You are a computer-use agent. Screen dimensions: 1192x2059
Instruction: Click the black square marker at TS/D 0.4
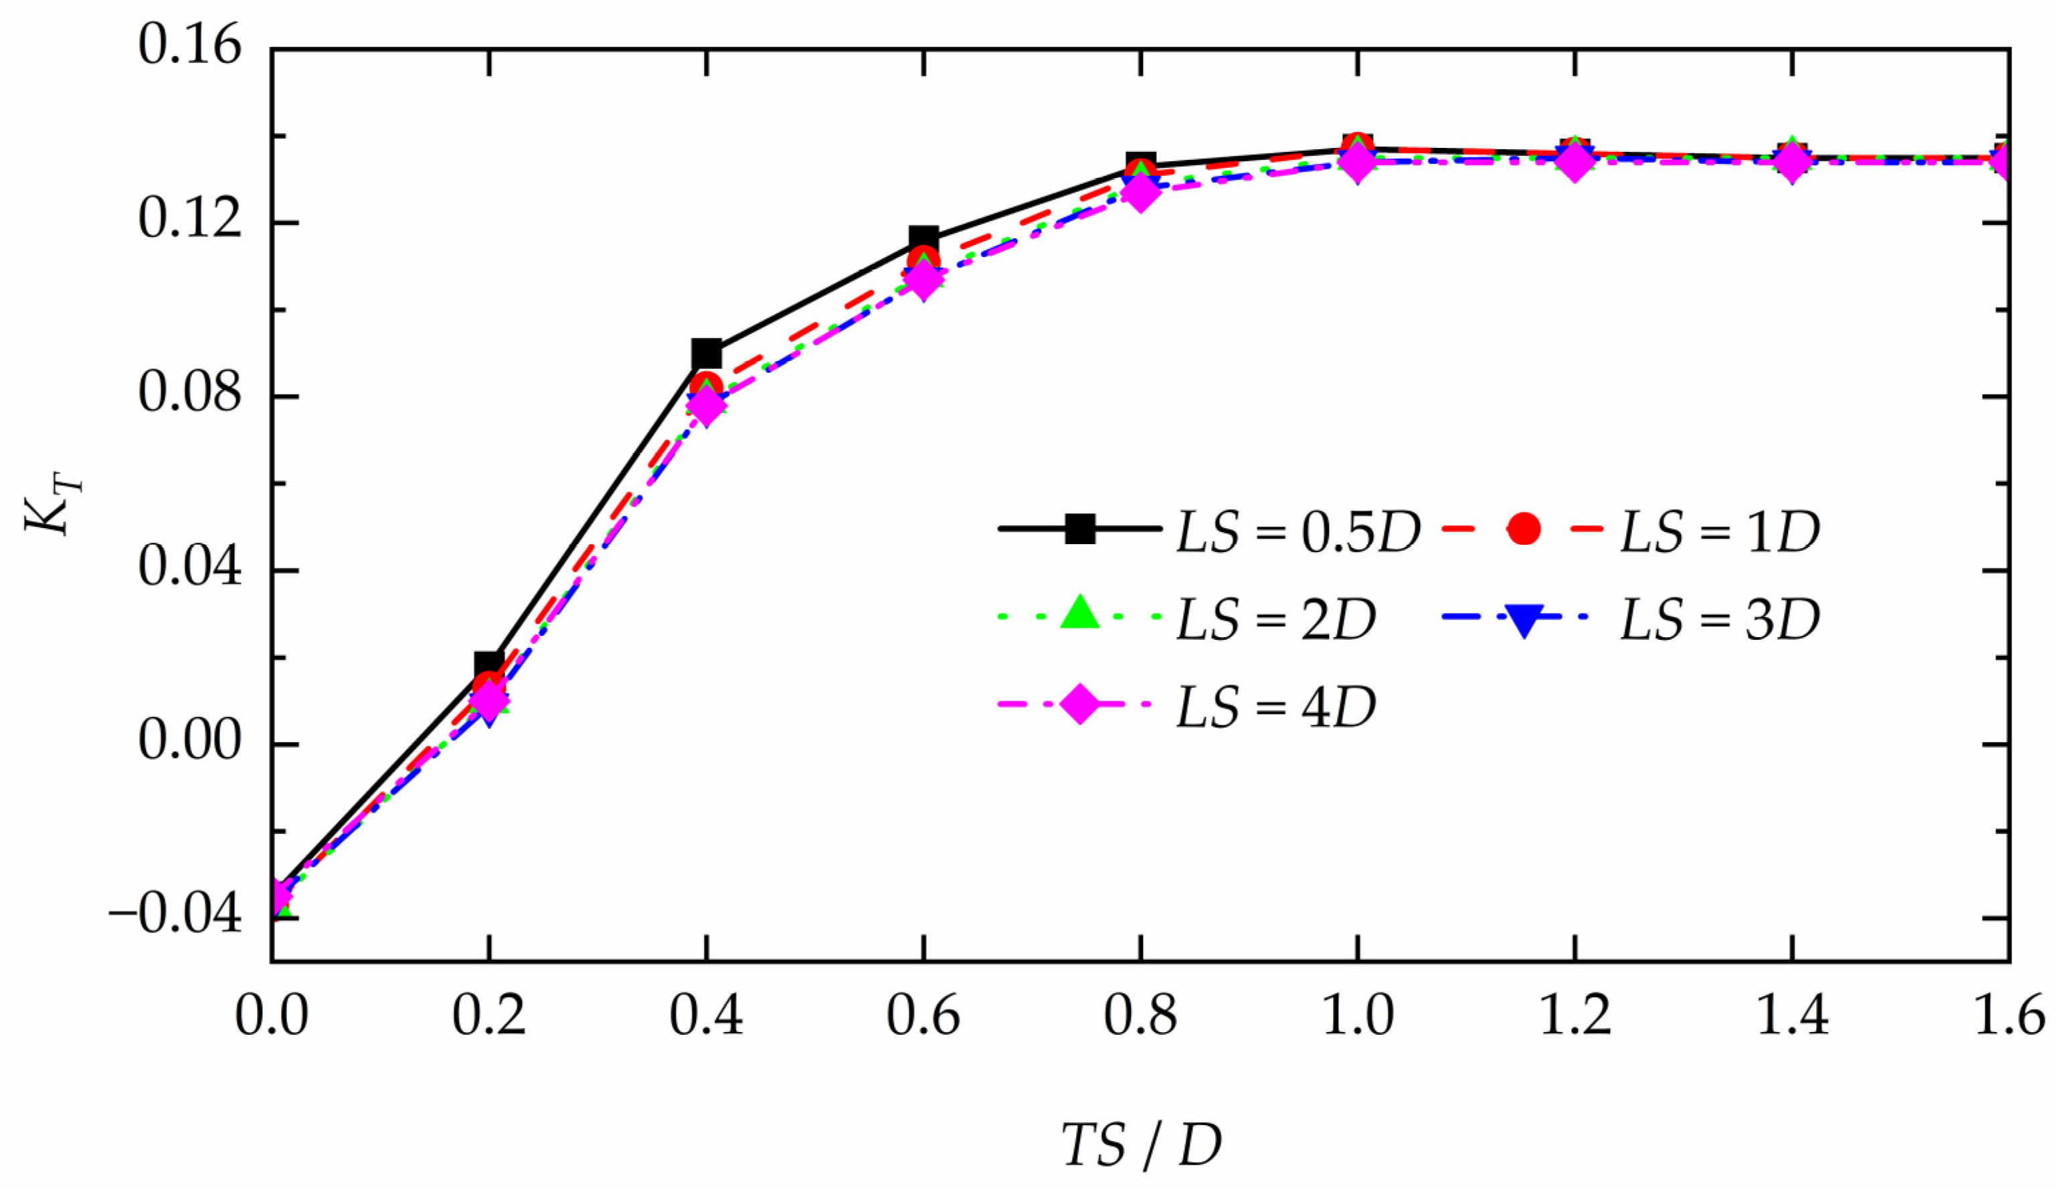pyautogui.click(x=706, y=354)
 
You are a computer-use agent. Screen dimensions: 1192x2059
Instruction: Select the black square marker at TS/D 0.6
pyautogui.click(x=923, y=240)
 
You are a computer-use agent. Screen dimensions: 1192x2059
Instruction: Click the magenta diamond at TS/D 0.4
pyautogui.click(x=706, y=404)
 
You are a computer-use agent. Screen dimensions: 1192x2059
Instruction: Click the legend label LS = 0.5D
pyautogui.click(x=1297, y=533)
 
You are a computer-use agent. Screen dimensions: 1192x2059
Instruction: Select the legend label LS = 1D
pyautogui.click(x=1720, y=533)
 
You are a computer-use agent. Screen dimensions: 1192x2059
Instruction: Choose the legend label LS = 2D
pyautogui.click(x=1275, y=619)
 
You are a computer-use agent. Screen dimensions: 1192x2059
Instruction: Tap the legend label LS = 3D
pyautogui.click(x=1720, y=619)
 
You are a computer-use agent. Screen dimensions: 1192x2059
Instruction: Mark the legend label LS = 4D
pyautogui.click(x=1275, y=707)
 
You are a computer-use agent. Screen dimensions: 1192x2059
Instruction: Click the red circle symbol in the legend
pyautogui.click(x=1524, y=529)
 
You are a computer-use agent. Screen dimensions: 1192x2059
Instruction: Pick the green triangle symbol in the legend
pyautogui.click(x=1080, y=613)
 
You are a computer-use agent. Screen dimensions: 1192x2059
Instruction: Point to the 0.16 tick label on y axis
pyautogui.click(x=189, y=45)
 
